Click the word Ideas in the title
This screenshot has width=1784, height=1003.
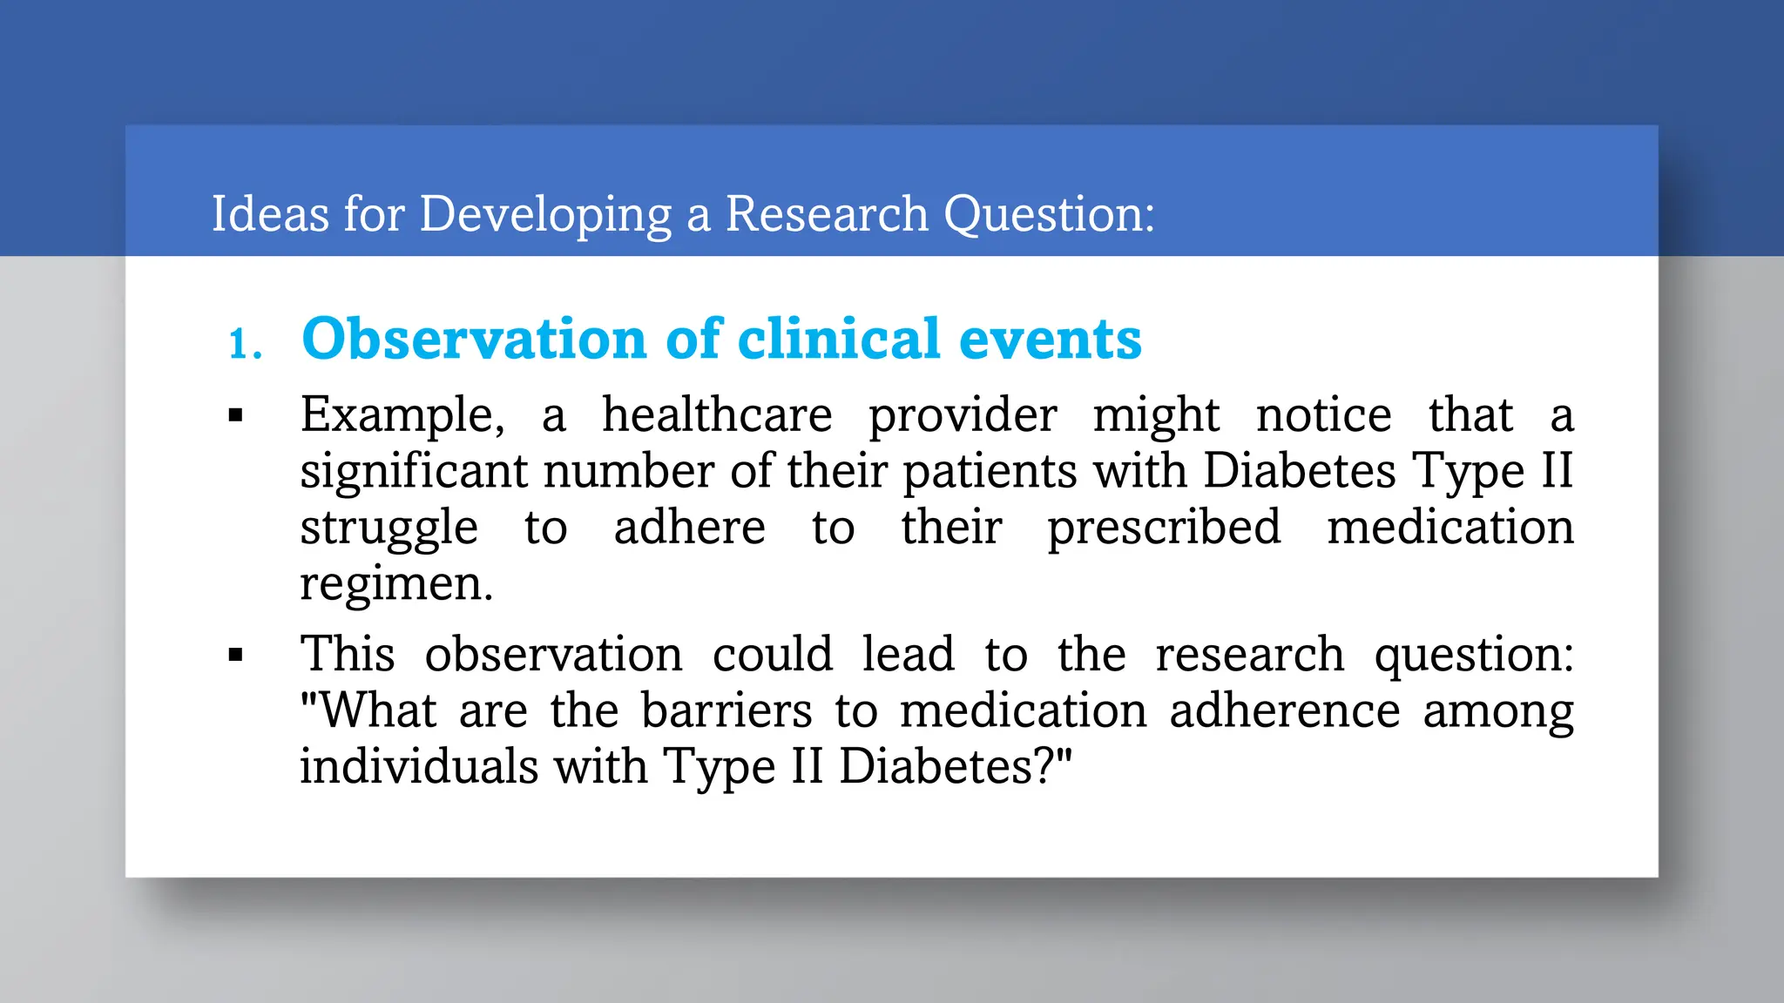(269, 214)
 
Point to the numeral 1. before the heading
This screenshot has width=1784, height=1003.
(245, 344)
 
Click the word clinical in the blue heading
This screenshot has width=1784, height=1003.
(839, 339)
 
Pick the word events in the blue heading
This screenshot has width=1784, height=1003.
(1050, 340)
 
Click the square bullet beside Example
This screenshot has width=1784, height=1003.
(235, 416)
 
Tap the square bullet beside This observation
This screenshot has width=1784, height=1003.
(235, 655)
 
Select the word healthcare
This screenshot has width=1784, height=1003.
(717, 414)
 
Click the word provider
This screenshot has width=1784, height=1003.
(963, 416)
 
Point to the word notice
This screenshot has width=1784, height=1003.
(1323, 414)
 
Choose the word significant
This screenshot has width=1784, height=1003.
(415, 472)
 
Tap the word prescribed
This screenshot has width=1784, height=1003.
(1164, 528)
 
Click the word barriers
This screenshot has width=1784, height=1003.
(726, 710)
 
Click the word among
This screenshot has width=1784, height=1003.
(1498, 712)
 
